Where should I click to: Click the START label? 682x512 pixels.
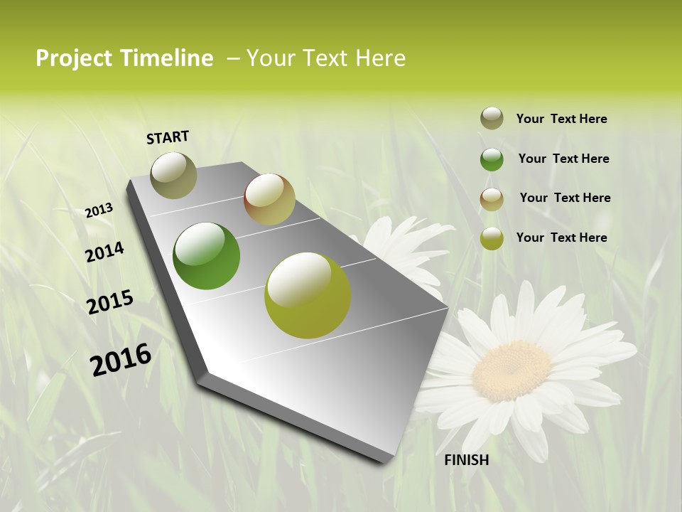click(x=168, y=137)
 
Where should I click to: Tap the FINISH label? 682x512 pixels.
click(x=466, y=460)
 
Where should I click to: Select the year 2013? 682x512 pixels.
click(x=99, y=210)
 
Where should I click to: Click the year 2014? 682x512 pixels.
click(x=104, y=252)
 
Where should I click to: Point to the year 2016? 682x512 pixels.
click(x=120, y=359)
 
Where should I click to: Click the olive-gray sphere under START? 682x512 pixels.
click(x=173, y=175)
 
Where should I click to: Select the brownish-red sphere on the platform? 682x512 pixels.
click(x=269, y=199)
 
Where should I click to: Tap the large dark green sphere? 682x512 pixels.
click(x=207, y=256)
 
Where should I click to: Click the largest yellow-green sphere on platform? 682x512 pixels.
click(x=308, y=295)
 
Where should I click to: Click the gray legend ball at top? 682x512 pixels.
click(x=492, y=118)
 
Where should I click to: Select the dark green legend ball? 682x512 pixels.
click(x=492, y=159)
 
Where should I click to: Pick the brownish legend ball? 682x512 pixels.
click(x=492, y=199)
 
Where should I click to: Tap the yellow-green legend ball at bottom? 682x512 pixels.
click(x=492, y=238)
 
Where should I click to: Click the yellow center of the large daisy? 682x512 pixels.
click(x=511, y=370)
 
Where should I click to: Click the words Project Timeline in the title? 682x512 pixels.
click(x=124, y=58)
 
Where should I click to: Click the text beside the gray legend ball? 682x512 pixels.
click(x=561, y=119)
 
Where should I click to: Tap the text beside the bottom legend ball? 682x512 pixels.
click(x=561, y=238)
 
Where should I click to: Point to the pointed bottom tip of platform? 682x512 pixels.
click(x=387, y=461)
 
